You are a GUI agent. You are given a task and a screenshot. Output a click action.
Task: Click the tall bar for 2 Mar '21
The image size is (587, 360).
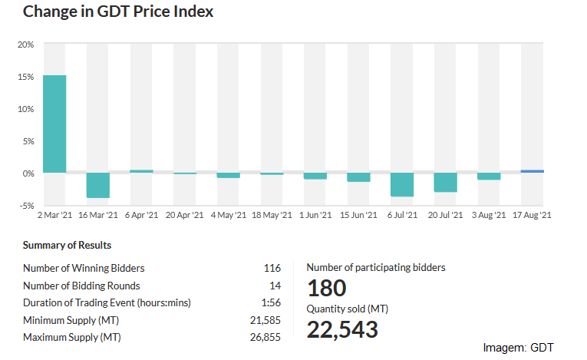pyautogui.click(x=54, y=124)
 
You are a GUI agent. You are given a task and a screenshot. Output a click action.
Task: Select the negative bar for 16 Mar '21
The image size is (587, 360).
pyautogui.click(x=98, y=185)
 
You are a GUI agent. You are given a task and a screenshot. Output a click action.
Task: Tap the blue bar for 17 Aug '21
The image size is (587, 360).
pyautogui.click(x=533, y=171)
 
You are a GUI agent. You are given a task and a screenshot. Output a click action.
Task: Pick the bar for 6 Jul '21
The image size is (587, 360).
pyautogui.click(x=402, y=184)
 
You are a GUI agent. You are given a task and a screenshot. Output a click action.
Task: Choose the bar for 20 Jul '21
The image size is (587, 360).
pyautogui.click(x=446, y=183)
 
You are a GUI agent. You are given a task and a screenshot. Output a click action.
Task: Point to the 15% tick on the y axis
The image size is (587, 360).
pyautogui.click(x=25, y=77)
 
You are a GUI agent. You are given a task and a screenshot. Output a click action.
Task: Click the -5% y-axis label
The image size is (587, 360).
pyautogui.click(x=27, y=206)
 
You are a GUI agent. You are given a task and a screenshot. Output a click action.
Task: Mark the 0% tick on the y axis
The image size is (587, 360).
pyautogui.click(x=28, y=173)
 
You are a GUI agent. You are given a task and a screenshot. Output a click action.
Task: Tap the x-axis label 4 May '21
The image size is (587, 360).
pyautogui.click(x=229, y=215)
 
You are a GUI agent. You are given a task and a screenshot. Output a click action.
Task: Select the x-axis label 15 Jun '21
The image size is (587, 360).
pyautogui.click(x=358, y=215)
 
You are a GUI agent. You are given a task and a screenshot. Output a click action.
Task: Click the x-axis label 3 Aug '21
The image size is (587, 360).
pyautogui.click(x=489, y=215)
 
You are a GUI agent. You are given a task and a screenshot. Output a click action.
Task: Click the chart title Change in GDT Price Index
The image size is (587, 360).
pyautogui.click(x=118, y=12)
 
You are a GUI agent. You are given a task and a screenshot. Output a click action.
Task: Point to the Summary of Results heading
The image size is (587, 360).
pyautogui.click(x=67, y=245)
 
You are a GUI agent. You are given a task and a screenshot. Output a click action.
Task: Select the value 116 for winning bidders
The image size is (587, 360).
pyautogui.click(x=272, y=268)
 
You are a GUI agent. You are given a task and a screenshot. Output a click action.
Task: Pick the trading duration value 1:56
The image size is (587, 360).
pyautogui.click(x=271, y=302)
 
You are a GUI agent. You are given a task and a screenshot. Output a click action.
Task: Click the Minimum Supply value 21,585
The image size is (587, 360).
pyautogui.click(x=265, y=320)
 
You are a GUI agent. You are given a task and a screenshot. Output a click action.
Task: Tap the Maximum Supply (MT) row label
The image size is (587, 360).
pyautogui.click(x=72, y=337)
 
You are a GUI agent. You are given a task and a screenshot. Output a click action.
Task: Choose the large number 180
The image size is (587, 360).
pyautogui.click(x=327, y=288)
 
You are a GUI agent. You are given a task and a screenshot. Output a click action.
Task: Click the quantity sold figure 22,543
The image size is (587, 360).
pyautogui.click(x=342, y=329)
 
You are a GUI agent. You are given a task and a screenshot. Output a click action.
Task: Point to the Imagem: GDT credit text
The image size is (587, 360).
pyautogui.click(x=518, y=348)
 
